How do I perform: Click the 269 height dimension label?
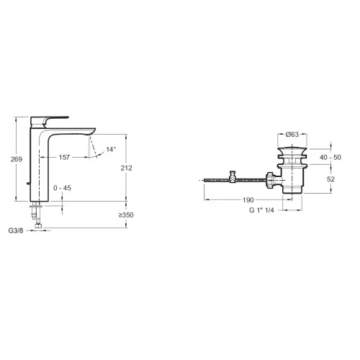coord(17,159)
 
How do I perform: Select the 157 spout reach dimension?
coord(64,158)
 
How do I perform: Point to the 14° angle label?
coord(111,149)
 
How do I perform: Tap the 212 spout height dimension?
coord(127,168)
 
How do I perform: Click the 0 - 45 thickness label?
coord(63,188)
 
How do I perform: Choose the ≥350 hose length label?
coord(126,215)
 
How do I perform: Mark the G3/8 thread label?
coord(16,230)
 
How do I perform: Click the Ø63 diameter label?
coord(292,135)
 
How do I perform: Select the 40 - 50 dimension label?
coord(330,158)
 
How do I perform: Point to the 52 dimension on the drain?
coord(330,179)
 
